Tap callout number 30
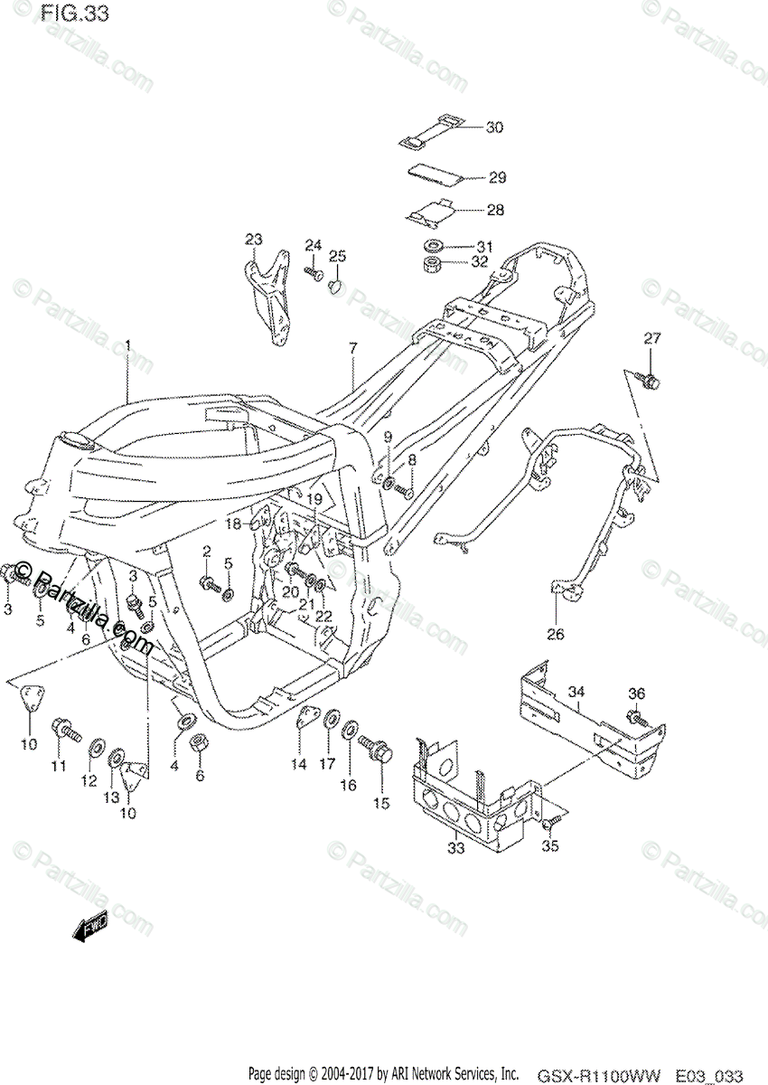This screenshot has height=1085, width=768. [x=494, y=127]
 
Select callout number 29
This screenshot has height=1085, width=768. [x=496, y=177]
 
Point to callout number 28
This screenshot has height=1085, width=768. [x=494, y=210]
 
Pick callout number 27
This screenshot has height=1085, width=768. [x=652, y=339]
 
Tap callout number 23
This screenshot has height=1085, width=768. [x=254, y=239]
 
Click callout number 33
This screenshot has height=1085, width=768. [x=456, y=847]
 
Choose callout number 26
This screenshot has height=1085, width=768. [x=555, y=634]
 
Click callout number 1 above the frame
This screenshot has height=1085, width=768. [x=128, y=344]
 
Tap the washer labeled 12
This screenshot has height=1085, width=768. [x=95, y=750]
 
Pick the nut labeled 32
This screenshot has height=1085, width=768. [x=432, y=266]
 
